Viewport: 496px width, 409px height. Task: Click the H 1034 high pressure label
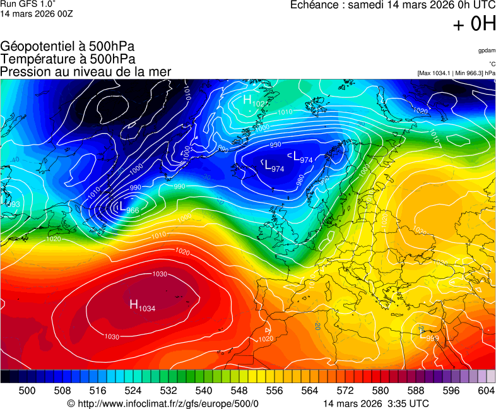point(143,305)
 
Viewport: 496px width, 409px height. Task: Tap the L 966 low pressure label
point(128,208)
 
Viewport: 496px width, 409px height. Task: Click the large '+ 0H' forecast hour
point(475,24)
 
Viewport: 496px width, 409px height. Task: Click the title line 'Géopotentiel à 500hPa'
point(68,47)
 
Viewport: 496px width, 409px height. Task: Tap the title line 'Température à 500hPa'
point(68,59)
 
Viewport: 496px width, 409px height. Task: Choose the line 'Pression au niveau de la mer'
point(86,72)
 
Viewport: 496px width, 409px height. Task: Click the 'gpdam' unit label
point(487,50)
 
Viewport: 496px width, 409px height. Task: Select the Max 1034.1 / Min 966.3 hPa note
point(456,73)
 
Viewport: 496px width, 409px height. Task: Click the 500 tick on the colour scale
point(27,391)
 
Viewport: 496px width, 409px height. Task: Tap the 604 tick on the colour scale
point(486,391)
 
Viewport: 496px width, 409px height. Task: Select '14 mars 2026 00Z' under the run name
point(37,14)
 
